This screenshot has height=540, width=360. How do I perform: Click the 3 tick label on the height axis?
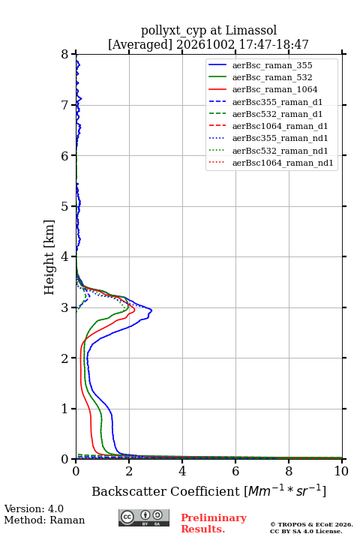pos(64,307)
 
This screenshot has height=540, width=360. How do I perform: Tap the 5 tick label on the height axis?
pos(64,206)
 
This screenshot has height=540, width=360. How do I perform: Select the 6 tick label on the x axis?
pos(235,471)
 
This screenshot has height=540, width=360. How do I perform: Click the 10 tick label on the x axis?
pos(341,471)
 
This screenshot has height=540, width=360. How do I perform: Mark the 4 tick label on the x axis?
pos(182,471)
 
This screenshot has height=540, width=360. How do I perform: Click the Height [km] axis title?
pos(49,257)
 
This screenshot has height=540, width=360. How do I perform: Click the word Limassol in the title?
pos(251,31)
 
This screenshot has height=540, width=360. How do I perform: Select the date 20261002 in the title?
pos(205,44)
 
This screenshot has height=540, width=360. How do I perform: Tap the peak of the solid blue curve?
pos(151,310)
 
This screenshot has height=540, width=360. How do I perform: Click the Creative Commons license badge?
pos(144,517)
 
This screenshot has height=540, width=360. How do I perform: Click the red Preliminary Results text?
pos(214,523)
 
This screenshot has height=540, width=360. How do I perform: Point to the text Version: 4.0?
pos(34,508)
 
